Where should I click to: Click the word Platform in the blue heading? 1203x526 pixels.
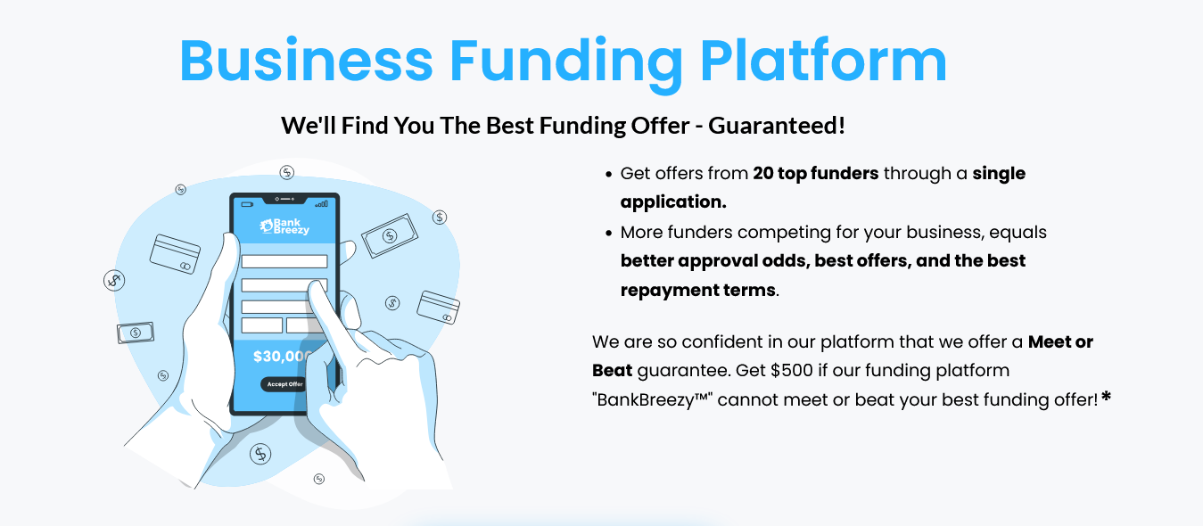tap(823, 61)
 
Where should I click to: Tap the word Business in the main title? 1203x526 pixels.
tap(306, 60)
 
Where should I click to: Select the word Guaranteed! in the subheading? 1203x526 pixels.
tap(777, 126)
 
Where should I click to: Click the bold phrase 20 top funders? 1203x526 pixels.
tap(815, 173)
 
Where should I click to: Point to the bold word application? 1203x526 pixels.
tap(673, 201)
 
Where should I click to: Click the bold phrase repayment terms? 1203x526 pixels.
tap(697, 290)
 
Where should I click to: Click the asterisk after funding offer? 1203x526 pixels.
tap(1106, 398)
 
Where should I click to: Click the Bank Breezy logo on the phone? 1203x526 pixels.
tap(284, 226)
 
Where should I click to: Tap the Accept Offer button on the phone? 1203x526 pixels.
tap(284, 384)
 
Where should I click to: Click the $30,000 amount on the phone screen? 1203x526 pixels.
tap(282, 357)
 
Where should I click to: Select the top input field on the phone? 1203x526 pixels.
tap(284, 261)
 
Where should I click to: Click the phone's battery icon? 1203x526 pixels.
tap(247, 204)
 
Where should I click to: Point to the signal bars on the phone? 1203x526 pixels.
tap(322, 204)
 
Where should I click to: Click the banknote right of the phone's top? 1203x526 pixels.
tap(390, 235)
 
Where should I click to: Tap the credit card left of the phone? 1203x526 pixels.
tap(175, 254)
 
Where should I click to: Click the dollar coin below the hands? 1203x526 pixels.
tap(260, 454)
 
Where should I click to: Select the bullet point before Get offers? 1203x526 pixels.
tap(608, 174)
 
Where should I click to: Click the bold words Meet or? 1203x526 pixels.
tap(1060, 342)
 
